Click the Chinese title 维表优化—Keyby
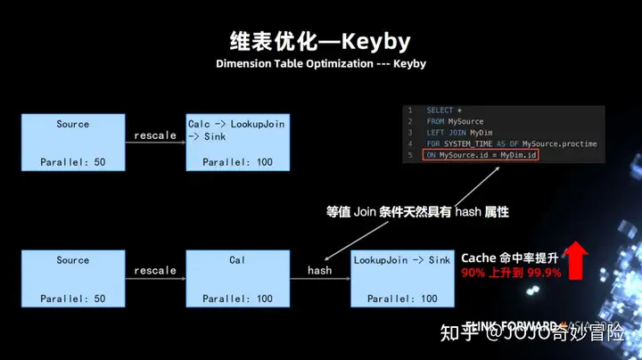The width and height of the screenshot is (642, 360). [320, 41]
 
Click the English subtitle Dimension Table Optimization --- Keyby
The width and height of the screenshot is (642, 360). [320, 64]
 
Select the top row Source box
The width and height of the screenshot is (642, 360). [72, 142]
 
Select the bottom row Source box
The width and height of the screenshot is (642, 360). [72, 278]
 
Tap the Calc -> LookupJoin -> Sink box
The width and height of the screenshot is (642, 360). [237, 142]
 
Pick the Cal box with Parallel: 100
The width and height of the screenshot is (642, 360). [237, 278]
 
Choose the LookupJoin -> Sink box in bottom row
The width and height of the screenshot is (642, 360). [402, 278]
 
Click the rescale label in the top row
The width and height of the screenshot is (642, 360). [155, 135]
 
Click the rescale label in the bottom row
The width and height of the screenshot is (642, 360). [155, 270]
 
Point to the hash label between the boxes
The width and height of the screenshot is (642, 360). [319, 270]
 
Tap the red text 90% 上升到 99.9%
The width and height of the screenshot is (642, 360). [511, 273]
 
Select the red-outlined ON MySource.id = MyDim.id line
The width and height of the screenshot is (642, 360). [481, 156]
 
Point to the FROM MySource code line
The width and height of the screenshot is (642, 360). [455, 121]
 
